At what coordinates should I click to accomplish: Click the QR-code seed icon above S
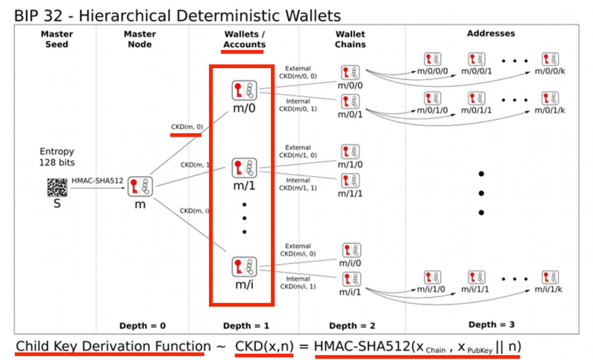pyautogui.click(x=57, y=188)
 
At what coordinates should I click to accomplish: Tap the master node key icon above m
pyautogui.click(x=140, y=187)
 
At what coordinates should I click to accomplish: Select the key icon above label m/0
pyautogui.click(x=244, y=90)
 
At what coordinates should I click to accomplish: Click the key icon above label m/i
pyautogui.click(x=244, y=267)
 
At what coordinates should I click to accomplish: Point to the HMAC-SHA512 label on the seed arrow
pyautogui.click(x=97, y=181)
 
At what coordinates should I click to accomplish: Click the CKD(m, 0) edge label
pyautogui.click(x=187, y=127)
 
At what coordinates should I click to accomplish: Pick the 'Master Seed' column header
pyautogui.click(x=57, y=39)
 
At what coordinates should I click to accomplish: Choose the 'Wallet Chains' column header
pyautogui.click(x=350, y=39)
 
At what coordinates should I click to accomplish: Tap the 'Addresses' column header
pyautogui.click(x=491, y=33)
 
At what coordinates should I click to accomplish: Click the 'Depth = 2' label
pyautogui.click(x=352, y=325)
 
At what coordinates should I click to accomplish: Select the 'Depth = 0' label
pyautogui.click(x=142, y=325)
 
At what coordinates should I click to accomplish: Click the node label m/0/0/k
pyautogui.click(x=550, y=71)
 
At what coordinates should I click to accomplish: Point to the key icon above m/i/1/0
pyautogui.click(x=432, y=278)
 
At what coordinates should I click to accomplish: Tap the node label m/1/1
pyautogui.click(x=350, y=194)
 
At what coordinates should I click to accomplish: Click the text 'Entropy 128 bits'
pyautogui.click(x=57, y=157)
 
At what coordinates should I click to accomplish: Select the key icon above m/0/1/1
pyautogui.click(x=476, y=99)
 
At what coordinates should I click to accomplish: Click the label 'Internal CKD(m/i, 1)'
pyautogui.click(x=298, y=282)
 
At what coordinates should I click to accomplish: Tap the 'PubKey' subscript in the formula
pyautogui.click(x=480, y=351)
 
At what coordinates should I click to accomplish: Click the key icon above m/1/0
pyautogui.click(x=350, y=152)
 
